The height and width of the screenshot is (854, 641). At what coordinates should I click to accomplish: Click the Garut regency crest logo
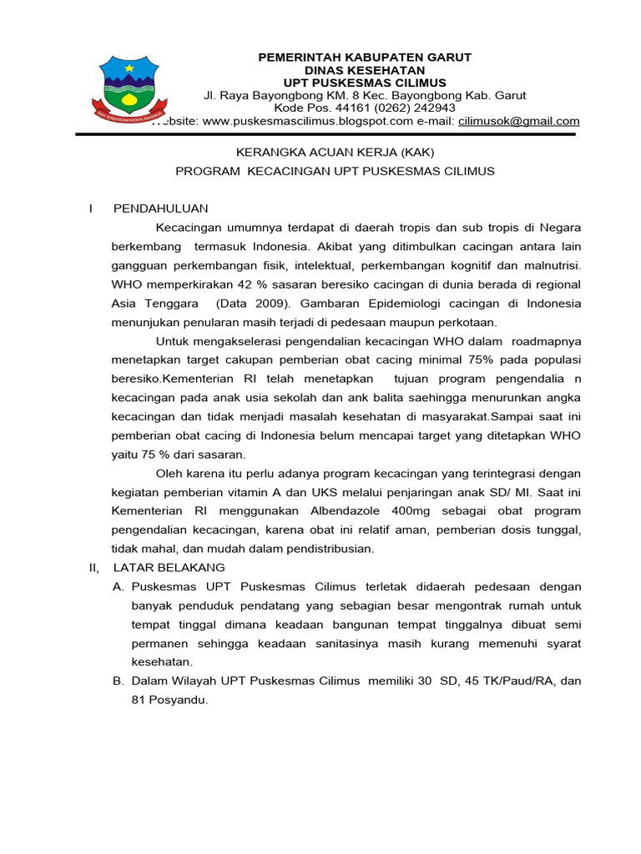coord(127,87)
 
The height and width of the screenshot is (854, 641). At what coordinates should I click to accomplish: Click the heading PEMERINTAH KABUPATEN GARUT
coord(365,57)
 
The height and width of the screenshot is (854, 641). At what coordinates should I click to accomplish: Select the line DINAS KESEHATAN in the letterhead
coord(365,70)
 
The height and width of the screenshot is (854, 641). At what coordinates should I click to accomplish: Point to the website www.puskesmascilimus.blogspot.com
coord(308,121)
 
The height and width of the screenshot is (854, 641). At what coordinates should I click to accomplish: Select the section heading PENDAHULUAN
coord(161,208)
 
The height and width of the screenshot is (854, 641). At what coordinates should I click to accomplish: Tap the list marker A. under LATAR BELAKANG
coord(119,586)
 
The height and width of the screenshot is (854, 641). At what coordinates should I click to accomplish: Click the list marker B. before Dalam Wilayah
coord(119,681)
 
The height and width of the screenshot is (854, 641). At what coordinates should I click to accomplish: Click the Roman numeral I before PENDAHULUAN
coord(92,208)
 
